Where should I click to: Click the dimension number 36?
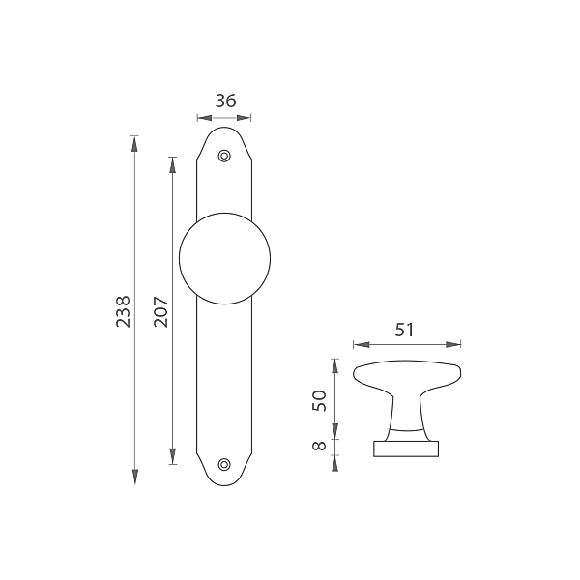click(225, 101)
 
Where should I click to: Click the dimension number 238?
click(123, 311)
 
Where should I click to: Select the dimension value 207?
click(160, 311)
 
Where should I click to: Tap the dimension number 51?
click(404, 330)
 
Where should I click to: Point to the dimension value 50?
click(320, 400)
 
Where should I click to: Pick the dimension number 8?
click(320, 446)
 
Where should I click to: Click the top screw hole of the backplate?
click(224, 156)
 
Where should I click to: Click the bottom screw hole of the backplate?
click(224, 464)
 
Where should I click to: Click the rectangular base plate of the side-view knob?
click(406, 449)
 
